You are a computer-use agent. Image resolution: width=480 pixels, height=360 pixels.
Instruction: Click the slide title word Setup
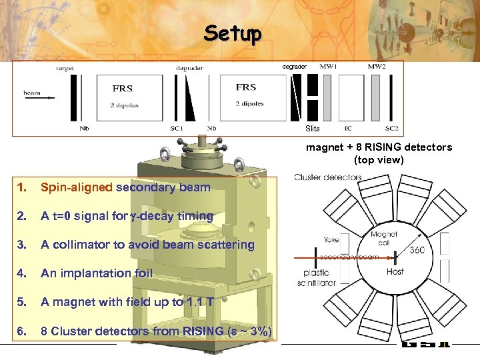pyautogui.click(x=233, y=33)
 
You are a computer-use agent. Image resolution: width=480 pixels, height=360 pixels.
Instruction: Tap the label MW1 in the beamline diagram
pyautogui.click(x=328, y=67)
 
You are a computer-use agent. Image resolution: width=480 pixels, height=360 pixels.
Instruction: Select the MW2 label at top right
pyautogui.click(x=377, y=67)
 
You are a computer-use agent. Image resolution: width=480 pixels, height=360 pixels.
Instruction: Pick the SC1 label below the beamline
pyautogui.click(x=176, y=128)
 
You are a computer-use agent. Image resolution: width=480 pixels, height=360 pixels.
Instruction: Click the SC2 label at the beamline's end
pyautogui.click(x=391, y=128)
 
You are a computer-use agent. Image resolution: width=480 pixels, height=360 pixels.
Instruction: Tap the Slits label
pyautogui.click(x=312, y=129)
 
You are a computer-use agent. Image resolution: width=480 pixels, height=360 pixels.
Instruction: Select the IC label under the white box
pyautogui.click(x=348, y=128)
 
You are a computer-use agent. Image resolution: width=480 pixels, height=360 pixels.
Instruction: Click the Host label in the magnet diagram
pyautogui.click(x=395, y=271)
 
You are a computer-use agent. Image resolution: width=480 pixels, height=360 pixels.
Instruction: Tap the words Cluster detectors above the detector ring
pyautogui.click(x=328, y=177)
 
